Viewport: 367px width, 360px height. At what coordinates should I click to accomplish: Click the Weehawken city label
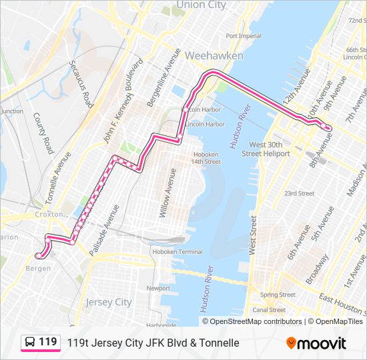click(x=214, y=56)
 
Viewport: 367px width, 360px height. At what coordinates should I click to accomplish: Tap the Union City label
click(x=200, y=5)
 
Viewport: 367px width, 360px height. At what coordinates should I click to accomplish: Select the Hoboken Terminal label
click(x=177, y=251)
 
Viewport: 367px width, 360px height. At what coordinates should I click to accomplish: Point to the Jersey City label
click(x=109, y=302)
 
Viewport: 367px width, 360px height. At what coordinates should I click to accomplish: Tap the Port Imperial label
click(x=244, y=36)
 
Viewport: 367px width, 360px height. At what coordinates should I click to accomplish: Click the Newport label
click(x=158, y=288)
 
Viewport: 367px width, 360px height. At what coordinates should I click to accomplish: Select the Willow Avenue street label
click(x=164, y=193)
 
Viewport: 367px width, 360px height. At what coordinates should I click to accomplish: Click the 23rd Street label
click(x=299, y=193)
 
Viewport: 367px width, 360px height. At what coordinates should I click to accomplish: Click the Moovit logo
click(x=316, y=343)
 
